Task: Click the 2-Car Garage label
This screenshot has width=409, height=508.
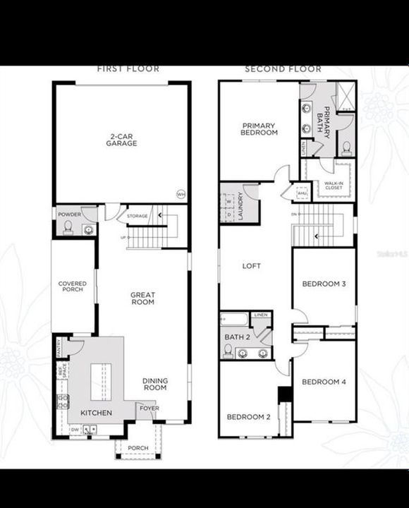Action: coord(122,139)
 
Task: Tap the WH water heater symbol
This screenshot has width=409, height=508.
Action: coord(181,194)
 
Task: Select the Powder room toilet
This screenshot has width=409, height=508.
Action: coord(68,227)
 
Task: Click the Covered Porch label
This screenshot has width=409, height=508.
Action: coord(72,287)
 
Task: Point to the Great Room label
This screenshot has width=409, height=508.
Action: coord(142,298)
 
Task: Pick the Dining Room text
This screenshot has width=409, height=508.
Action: coord(155,384)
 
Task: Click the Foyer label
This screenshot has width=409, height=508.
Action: coord(148,407)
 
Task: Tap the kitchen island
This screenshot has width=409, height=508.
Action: coord(101,380)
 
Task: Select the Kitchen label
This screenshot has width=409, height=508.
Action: coord(96,412)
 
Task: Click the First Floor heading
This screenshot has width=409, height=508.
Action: coord(128,69)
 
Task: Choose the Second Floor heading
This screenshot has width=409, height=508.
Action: coord(283,69)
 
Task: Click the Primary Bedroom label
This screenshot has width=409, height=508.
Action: coord(259,129)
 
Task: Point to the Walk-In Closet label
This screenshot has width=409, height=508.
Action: coord(334,185)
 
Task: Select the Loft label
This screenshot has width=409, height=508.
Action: coord(252,266)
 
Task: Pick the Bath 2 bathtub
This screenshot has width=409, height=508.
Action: coord(233,319)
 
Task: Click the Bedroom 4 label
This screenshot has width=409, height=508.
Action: coord(324,382)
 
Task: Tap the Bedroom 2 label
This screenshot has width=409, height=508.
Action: coord(248,416)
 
